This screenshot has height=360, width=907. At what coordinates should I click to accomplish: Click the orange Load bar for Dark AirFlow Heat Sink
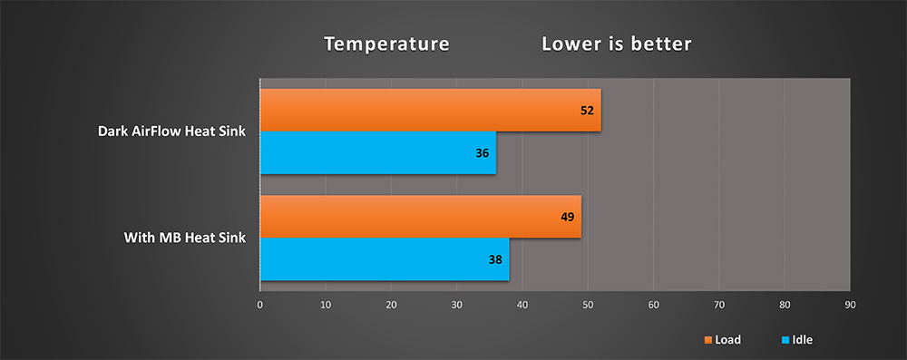(431, 110)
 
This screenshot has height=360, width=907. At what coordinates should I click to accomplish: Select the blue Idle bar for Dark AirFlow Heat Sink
(378, 153)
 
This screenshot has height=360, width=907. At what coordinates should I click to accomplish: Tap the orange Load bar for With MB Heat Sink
(421, 217)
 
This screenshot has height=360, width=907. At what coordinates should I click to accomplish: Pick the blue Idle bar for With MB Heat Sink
(385, 259)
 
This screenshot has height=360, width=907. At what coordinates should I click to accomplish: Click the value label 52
(587, 111)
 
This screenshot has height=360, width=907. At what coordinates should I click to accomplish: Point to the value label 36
(483, 153)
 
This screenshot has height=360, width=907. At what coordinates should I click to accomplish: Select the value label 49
(568, 217)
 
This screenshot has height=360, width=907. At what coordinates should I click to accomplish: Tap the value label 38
(495, 260)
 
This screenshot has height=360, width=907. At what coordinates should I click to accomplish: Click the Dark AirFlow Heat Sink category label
(171, 131)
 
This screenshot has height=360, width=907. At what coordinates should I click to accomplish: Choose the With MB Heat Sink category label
(185, 238)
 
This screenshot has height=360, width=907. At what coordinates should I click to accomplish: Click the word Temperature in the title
(386, 44)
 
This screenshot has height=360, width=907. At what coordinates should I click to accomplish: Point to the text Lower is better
(617, 44)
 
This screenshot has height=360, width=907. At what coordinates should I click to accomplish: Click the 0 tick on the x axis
(260, 305)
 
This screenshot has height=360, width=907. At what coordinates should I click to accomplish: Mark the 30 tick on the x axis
(457, 305)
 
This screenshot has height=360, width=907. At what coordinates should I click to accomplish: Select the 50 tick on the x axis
(588, 305)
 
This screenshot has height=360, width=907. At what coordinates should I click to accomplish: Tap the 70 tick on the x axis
(719, 305)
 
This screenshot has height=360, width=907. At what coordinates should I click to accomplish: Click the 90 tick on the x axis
(851, 305)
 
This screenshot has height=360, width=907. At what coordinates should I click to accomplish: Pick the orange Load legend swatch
(707, 340)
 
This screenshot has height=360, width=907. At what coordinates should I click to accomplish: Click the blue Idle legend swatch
(785, 340)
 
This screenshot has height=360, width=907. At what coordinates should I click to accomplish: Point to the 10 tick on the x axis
(326, 305)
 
